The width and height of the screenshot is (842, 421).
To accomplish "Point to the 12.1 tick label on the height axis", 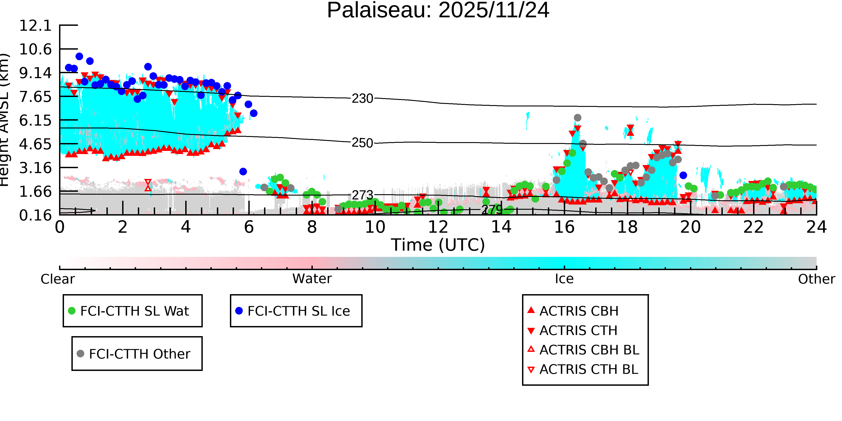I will [35, 26].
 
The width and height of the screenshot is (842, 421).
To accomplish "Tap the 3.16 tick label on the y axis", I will [35, 168].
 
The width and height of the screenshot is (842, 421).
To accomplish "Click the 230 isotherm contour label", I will [362, 98].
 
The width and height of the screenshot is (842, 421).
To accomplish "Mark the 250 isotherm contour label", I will [362, 143].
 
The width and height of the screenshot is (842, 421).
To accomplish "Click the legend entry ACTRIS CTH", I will [578, 331].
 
